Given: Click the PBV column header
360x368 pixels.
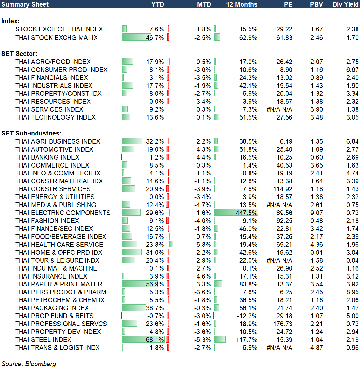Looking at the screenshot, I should click(316, 4).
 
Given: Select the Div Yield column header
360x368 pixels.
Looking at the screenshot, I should click(345, 4).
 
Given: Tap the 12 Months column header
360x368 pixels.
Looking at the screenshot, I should click(242, 4).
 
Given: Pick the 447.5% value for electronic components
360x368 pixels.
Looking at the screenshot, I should click(246, 213).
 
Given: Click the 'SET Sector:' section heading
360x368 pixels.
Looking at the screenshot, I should click(19, 54).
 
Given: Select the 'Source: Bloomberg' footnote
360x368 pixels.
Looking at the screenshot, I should click(29, 364).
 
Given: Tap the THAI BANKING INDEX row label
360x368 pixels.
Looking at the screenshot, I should click(47, 157).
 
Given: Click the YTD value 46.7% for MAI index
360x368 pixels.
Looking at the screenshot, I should click(155, 38).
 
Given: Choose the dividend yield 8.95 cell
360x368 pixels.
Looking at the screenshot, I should click(352, 292).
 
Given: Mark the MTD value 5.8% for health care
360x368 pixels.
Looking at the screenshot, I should click(203, 245).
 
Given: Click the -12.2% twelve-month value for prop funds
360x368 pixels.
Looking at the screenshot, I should click(247, 316).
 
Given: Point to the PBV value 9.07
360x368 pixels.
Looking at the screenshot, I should click(317, 213).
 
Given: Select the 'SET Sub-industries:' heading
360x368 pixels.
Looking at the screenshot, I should click(31, 133).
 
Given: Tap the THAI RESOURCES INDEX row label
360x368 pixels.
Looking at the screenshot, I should click(53, 102).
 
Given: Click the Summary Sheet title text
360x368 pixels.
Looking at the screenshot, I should click(25, 4).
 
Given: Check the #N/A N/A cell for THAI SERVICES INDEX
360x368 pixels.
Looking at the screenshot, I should click(279, 109).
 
